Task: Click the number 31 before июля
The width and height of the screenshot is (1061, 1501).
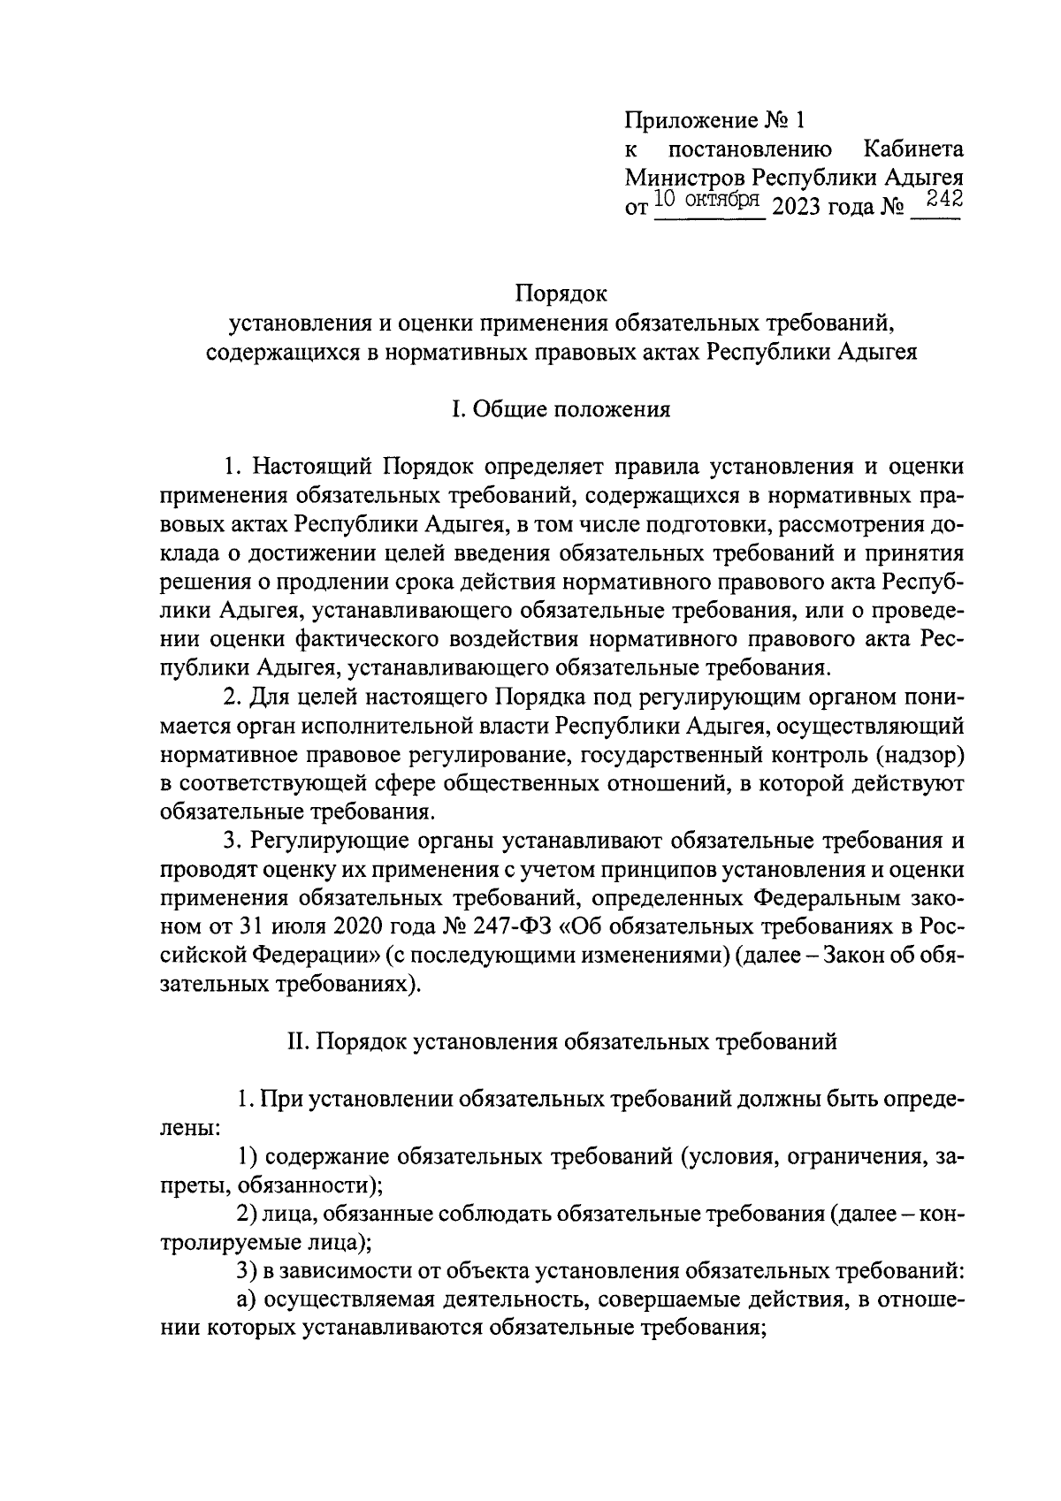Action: pyautogui.click(x=252, y=927)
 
